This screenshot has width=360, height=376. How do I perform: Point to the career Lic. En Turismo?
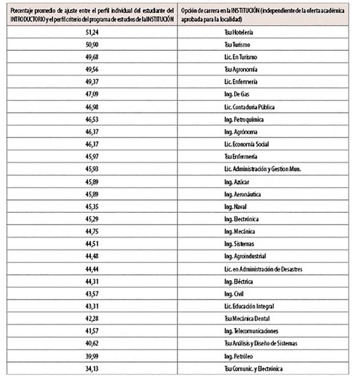pos(240,56)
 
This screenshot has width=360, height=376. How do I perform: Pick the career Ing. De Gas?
pos(236,94)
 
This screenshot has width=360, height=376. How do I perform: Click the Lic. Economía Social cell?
pos(246,144)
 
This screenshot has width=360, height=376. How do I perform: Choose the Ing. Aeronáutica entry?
pos(242,194)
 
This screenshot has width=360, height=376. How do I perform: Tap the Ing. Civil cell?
pos(234,294)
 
